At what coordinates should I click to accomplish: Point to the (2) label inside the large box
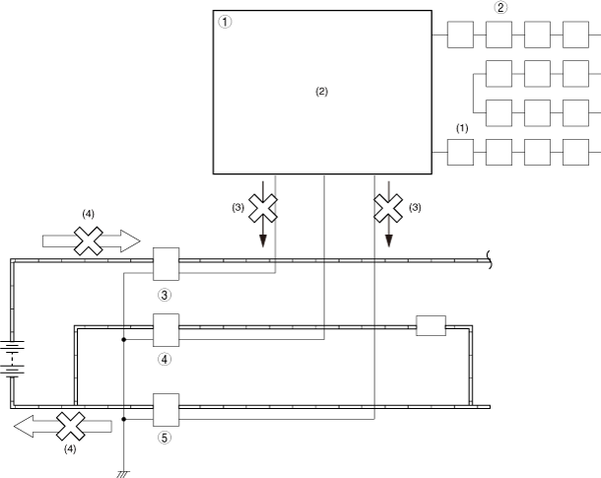pyautogui.click(x=321, y=91)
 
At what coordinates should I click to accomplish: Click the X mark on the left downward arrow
pyautogui.click(x=263, y=208)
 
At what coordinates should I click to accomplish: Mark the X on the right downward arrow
pyautogui.click(x=388, y=208)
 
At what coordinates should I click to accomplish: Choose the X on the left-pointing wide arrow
pyautogui.click(x=71, y=427)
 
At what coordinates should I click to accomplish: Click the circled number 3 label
pyautogui.click(x=165, y=294)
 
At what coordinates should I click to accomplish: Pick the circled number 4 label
pyautogui.click(x=165, y=359)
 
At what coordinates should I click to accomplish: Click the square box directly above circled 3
pyautogui.click(x=165, y=262)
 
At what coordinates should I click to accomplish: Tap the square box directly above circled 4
pyautogui.click(x=165, y=327)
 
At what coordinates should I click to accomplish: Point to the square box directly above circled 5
pyautogui.click(x=165, y=405)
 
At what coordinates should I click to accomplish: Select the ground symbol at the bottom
pyautogui.click(x=123, y=472)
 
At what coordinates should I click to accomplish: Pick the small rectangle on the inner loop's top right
pyautogui.click(x=432, y=326)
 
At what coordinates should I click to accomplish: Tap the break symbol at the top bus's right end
pyautogui.click(x=492, y=260)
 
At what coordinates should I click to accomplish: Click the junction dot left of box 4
pyautogui.click(x=123, y=340)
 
